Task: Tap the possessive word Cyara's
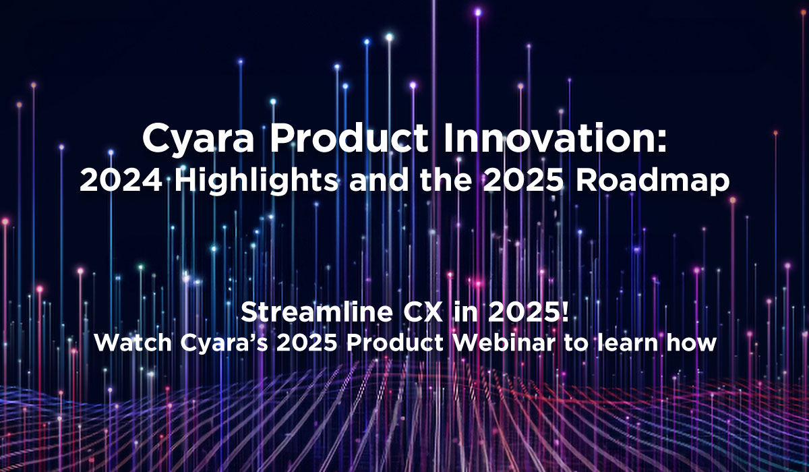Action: pyautogui.click(x=216, y=343)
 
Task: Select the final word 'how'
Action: pyautogui.click(x=692, y=343)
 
